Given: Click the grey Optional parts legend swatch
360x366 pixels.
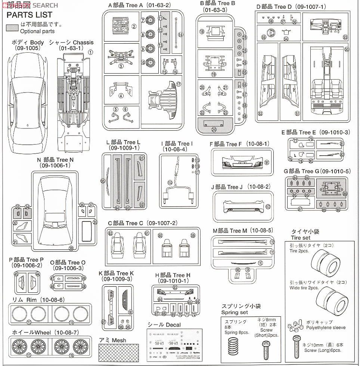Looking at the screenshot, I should [x=13, y=28].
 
